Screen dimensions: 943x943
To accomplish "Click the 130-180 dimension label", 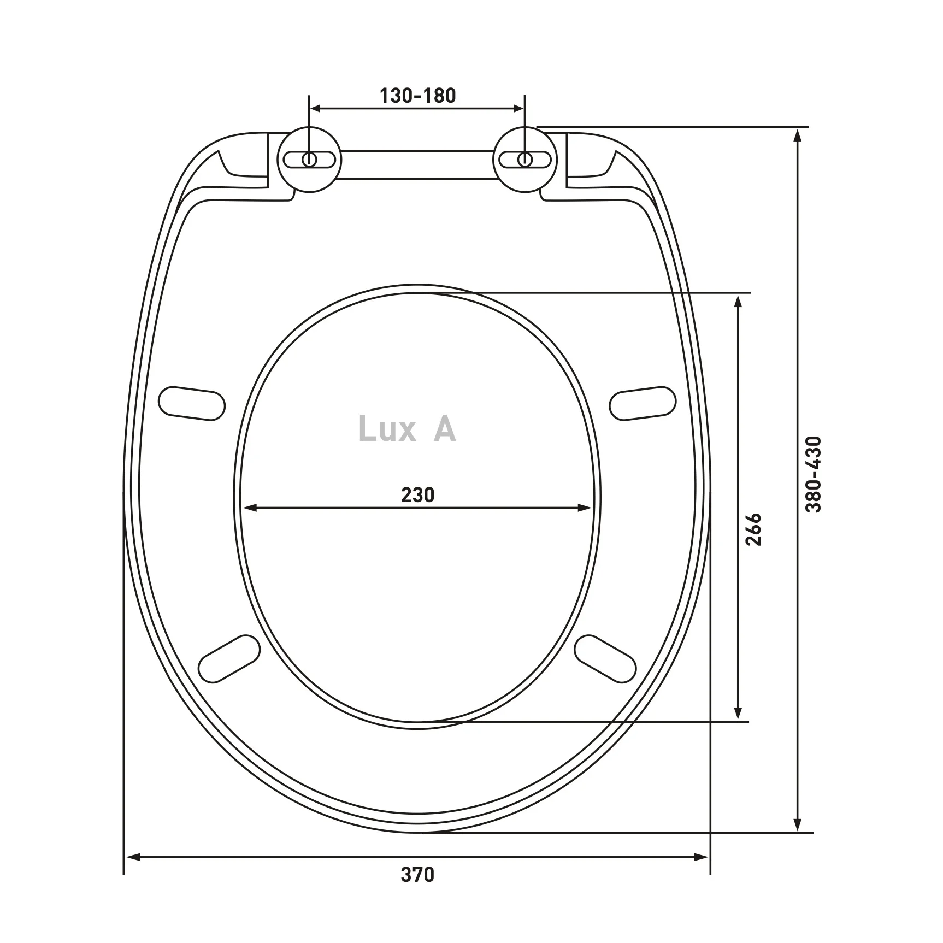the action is (x=417, y=96).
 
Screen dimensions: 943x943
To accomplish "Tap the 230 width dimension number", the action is (x=417, y=495).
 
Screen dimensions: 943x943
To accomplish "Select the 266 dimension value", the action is (x=753, y=529).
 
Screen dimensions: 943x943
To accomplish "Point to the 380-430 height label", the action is (x=814, y=474).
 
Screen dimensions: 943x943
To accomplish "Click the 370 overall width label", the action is (x=417, y=890).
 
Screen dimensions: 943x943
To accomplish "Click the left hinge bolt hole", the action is (x=309, y=159).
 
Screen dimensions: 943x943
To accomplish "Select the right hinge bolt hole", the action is (x=524, y=159).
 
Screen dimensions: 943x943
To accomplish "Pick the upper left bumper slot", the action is (x=192, y=403).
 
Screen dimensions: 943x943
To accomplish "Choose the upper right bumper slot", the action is (x=643, y=403).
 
